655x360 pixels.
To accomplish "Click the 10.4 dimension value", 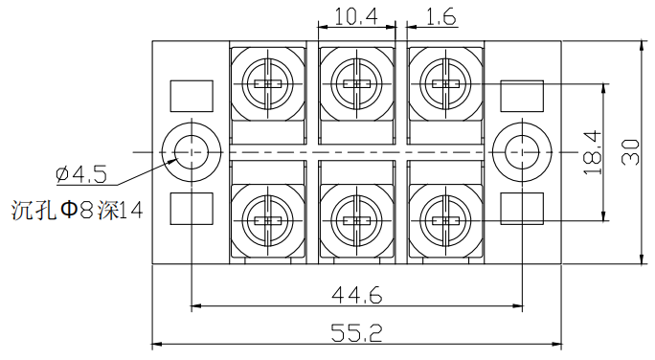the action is point(356,17).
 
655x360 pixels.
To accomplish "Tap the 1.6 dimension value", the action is point(440,17).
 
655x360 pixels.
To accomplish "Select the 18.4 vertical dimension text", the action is point(592,153).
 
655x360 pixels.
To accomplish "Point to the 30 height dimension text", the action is point(630,152).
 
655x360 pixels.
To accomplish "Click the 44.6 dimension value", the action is point(357,296).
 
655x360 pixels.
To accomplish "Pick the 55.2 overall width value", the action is point(356,333).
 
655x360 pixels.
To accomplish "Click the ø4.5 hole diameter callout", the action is point(81,174).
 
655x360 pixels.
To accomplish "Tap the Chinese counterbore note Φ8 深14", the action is point(78,211).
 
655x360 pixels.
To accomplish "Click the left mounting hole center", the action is point(192,152).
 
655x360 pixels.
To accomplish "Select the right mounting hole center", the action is point(522,152).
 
